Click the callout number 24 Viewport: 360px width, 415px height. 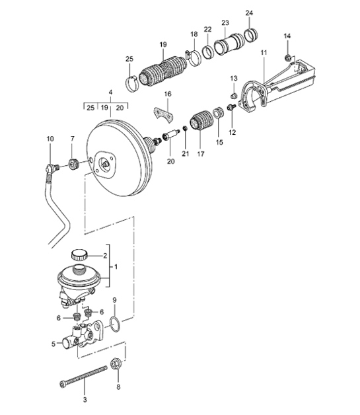pos(248,13)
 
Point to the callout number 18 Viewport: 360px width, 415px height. pos(194,34)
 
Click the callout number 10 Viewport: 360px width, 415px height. pos(50,138)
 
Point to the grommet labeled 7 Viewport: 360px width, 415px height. pos(75,163)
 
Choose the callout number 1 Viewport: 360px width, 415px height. pos(117,268)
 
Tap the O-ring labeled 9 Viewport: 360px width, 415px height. pos(114,325)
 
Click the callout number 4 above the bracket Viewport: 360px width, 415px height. pos(110,93)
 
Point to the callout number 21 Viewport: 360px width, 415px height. pos(186,153)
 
